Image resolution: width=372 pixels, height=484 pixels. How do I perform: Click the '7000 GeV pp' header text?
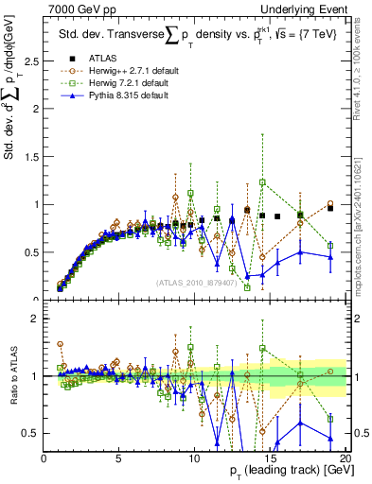point(76,9)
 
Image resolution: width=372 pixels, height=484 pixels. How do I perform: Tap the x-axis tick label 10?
point(194,458)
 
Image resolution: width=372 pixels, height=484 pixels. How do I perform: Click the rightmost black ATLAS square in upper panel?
point(329,208)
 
